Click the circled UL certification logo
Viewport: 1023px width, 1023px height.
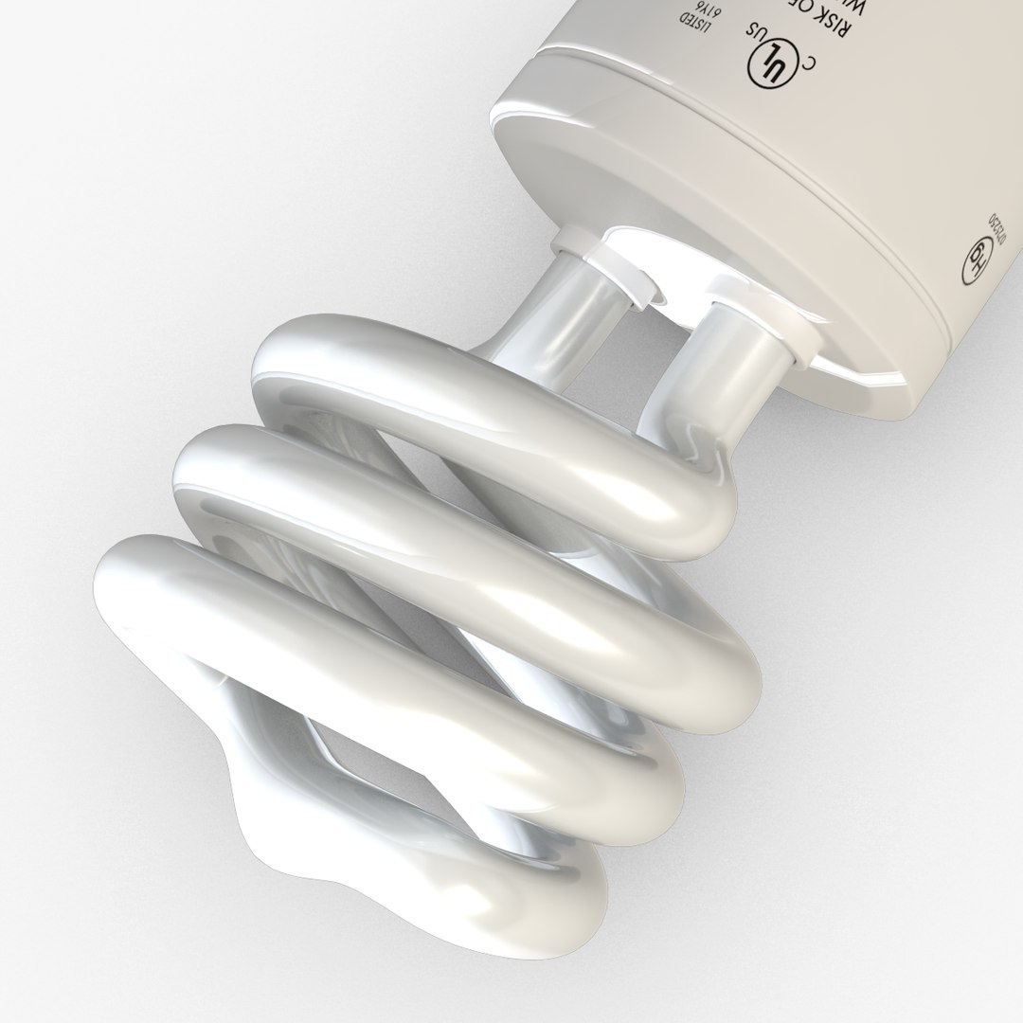pos(770,63)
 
